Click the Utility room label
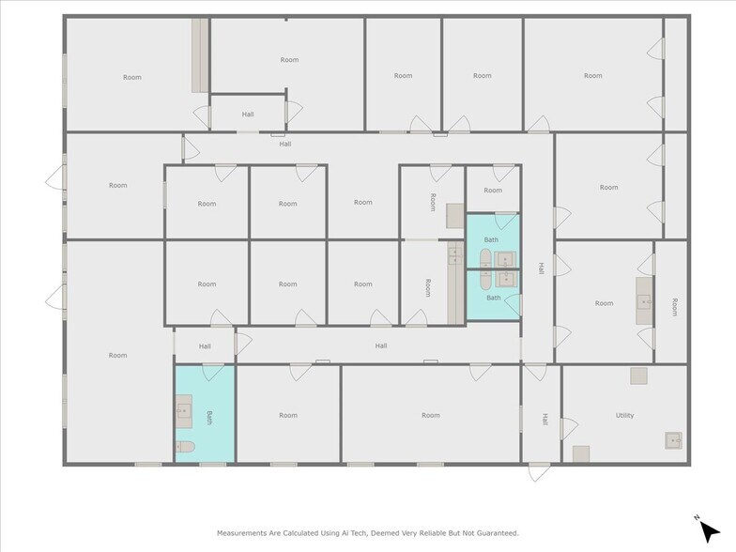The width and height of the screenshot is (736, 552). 624,415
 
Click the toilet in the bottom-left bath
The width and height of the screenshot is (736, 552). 185,448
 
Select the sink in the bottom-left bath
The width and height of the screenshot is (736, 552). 184,410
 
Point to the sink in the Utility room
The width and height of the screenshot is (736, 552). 673,439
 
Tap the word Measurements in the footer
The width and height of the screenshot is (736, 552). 245,532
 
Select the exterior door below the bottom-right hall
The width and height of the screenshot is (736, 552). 540,471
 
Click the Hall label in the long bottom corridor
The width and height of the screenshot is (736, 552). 381,345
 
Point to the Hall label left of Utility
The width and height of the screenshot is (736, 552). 544,420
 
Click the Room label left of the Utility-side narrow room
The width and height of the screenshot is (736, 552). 604,303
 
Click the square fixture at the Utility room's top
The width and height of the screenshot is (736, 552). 638,376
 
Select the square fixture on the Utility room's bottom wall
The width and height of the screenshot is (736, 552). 581,453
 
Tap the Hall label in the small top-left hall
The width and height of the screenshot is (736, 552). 248,115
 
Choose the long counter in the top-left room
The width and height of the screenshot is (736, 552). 200,55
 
